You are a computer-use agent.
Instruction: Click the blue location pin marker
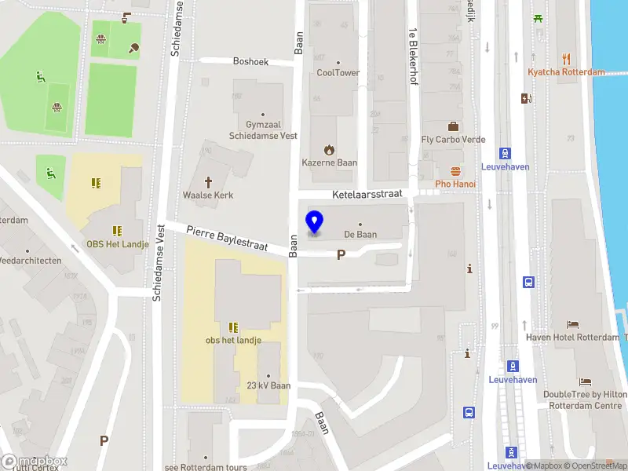314,222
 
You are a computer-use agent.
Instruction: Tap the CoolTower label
338,73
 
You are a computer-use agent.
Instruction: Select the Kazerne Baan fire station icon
329,149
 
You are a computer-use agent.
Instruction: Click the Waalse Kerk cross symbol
209,181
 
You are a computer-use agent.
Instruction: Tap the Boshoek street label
251,60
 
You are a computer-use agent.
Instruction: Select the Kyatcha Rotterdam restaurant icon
567,59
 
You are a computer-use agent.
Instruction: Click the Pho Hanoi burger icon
455,171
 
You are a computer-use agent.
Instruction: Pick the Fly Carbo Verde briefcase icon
453,126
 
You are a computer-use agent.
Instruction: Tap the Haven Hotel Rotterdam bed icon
573,324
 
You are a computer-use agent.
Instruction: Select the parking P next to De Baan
341,254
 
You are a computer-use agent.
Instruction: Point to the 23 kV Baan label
268,385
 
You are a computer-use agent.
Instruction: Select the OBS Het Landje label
116,243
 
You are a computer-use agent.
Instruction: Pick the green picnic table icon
539,18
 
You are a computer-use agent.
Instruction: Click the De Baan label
360,234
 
